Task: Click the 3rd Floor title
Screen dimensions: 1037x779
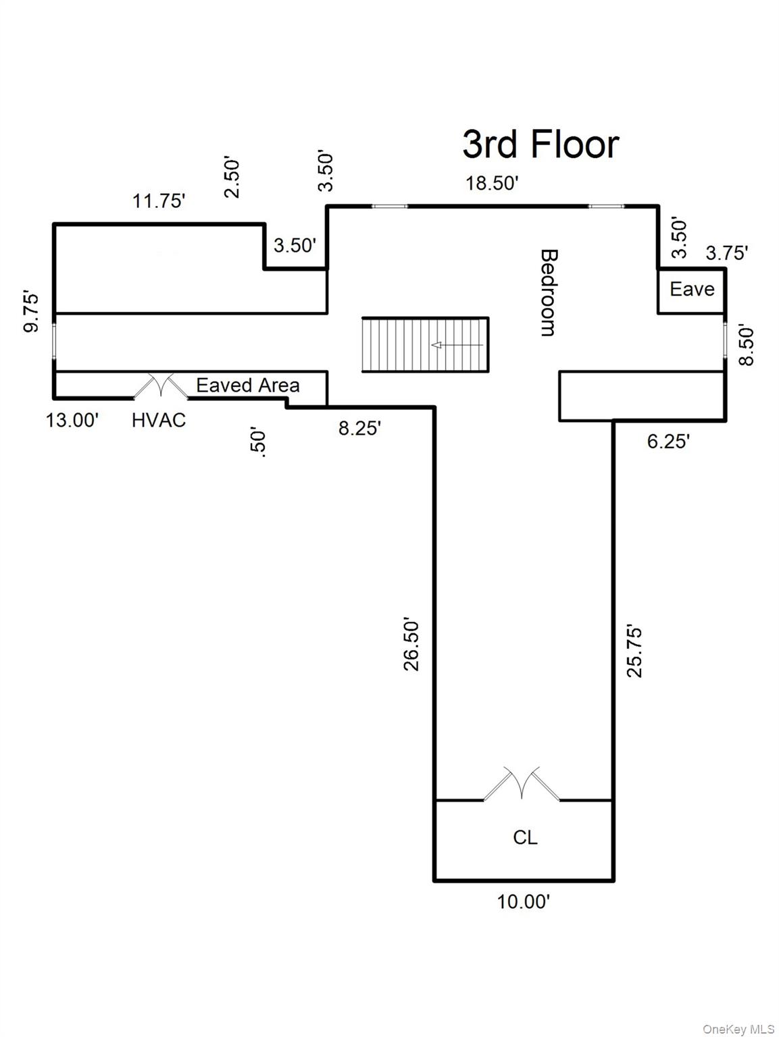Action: [540, 144]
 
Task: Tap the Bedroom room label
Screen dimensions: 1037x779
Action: [549, 292]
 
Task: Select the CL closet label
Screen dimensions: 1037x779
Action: [525, 837]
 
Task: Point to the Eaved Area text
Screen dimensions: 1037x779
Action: [247, 385]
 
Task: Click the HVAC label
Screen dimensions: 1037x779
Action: [158, 420]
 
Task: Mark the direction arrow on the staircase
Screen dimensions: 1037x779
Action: [457, 345]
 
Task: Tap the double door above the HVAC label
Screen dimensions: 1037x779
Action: [160, 386]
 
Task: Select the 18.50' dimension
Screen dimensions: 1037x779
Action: [491, 183]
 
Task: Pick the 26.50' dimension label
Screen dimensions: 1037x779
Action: [411, 643]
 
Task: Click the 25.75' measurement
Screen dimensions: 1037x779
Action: [634, 651]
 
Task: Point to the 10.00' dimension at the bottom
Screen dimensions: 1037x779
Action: [524, 901]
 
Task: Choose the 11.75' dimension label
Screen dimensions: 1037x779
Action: [159, 201]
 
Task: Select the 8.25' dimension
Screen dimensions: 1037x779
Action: [359, 428]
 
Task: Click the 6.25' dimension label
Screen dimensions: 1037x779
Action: [668, 441]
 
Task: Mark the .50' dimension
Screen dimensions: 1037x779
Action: [259, 442]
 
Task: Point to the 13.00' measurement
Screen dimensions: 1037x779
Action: [72, 420]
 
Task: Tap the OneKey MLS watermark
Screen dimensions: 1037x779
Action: [738, 1029]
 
